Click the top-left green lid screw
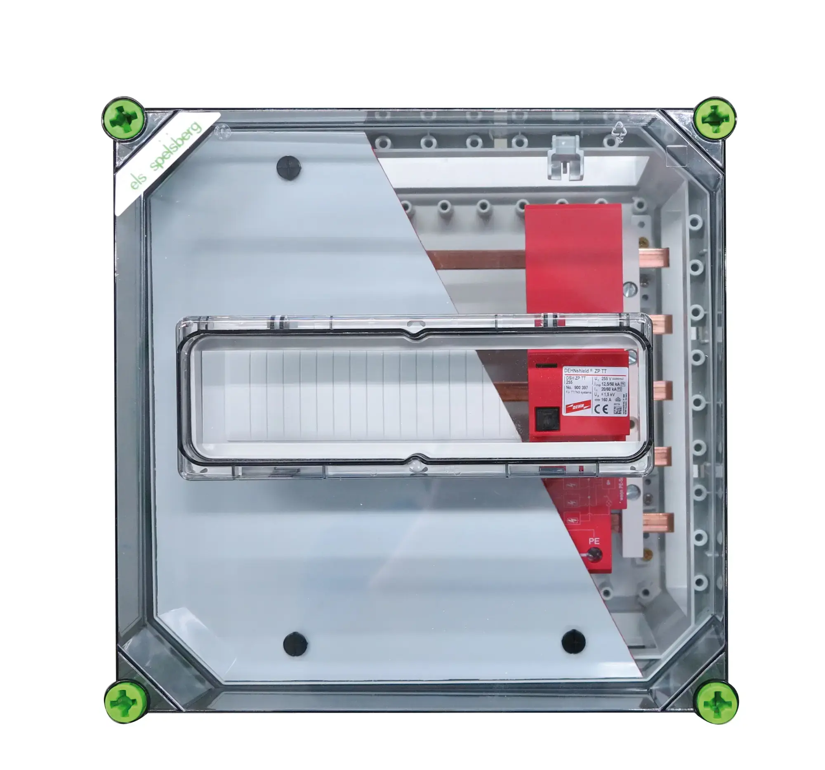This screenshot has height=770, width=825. (124, 119)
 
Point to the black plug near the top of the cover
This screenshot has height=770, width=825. (289, 168)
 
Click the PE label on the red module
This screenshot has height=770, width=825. (594, 541)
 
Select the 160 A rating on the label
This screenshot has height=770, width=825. (606, 400)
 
